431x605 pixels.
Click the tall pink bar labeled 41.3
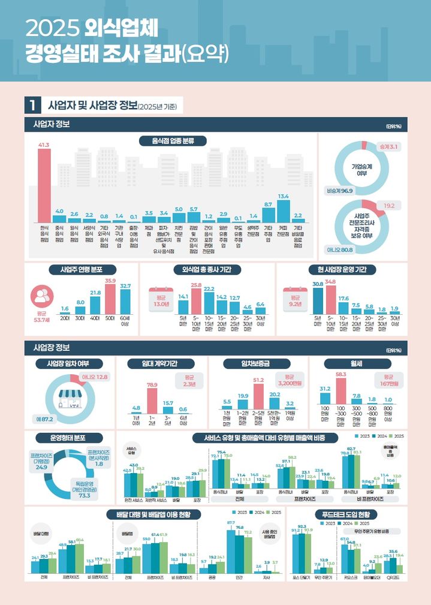(44, 185)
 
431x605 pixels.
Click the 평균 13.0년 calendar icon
(158, 297)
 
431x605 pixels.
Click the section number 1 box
(31, 107)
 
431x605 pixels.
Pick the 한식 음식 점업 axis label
(44, 234)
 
